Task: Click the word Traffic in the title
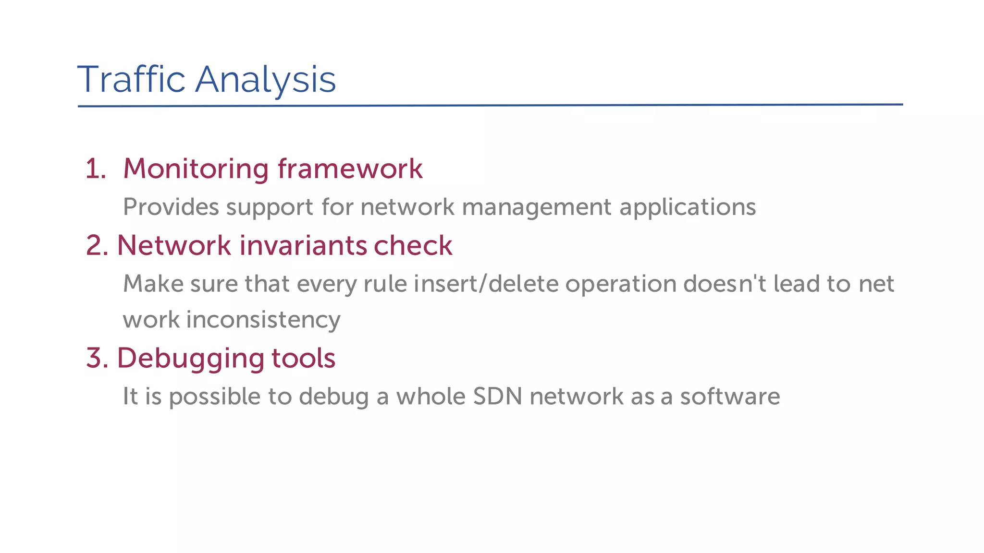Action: tap(131, 79)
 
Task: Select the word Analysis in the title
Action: tap(265, 80)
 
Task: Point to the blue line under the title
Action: tap(490, 105)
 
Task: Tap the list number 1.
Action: tap(95, 169)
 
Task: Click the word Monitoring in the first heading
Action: tap(196, 169)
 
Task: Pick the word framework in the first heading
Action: tap(350, 169)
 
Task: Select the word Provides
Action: tap(171, 207)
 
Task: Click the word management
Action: tap(537, 207)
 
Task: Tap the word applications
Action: tap(688, 207)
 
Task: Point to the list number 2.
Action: tap(97, 246)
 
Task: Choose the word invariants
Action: tap(303, 246)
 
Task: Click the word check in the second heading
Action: tap(413, 246)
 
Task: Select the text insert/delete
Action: tap(486, 284)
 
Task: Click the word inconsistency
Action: tap(263, 320)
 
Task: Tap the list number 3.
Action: tap(97, 358)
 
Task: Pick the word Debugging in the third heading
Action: tap(190, 359)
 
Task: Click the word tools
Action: tap(303, 358)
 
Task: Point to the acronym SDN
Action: tap(497, 397)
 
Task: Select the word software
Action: tap(730, 397)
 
